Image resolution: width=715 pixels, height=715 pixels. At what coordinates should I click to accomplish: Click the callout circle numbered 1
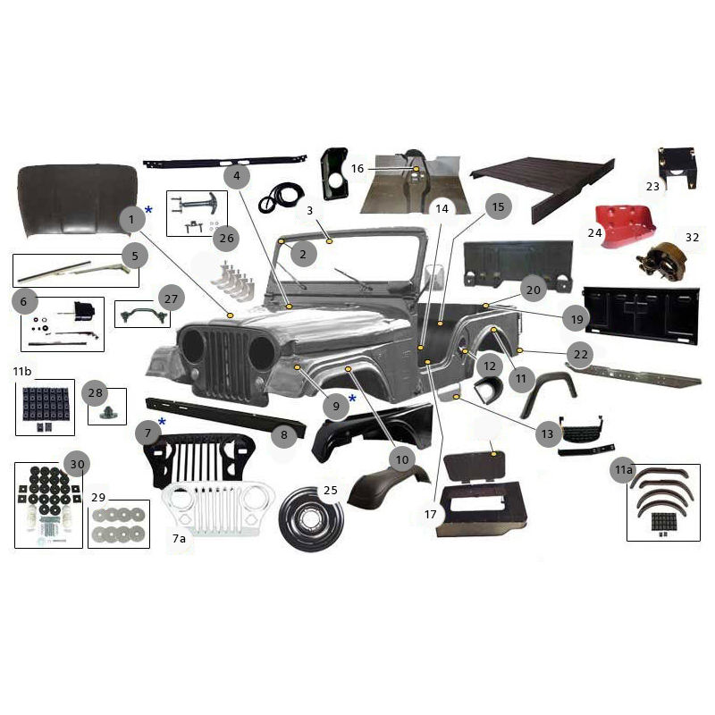click(x=130, y=218)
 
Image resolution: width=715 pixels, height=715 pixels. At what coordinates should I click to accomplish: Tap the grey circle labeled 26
click(x=225, y=239)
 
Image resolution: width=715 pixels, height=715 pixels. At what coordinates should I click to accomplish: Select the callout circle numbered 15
click(x=498, y=207)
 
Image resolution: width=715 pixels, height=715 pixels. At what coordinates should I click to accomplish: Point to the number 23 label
click(x=652, y=186)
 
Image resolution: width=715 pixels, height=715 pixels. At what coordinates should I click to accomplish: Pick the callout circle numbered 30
click(x=77, y=464)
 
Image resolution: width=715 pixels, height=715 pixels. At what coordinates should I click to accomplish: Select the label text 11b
click(x=21, y=371)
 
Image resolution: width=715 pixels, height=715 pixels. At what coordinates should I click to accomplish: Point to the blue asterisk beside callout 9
click(x=352, y=398)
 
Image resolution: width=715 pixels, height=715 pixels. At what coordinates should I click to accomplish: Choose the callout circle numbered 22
click(x=581, y=355)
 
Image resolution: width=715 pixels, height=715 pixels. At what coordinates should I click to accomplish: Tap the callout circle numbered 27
click(x=170, y=299)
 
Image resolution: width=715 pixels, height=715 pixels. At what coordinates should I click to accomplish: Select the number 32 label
click(x=693, y=238)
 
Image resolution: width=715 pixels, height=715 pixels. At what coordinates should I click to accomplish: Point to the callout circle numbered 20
click(x=534, y=290)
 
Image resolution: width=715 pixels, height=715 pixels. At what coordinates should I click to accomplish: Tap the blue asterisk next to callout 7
click(x=162, y=422)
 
